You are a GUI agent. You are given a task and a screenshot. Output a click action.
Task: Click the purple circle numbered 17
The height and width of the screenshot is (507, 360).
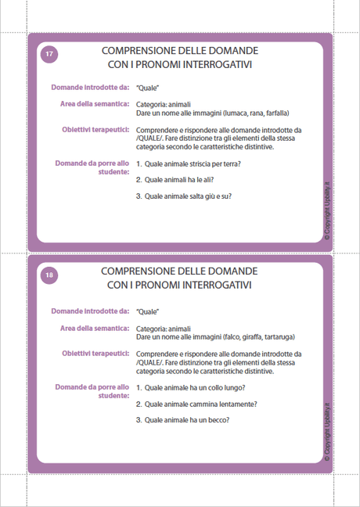point(49,54)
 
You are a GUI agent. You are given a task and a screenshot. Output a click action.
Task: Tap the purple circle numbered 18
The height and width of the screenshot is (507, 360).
point(49,275)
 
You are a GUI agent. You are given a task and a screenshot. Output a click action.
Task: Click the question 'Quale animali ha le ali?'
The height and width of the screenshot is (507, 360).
point(181,180)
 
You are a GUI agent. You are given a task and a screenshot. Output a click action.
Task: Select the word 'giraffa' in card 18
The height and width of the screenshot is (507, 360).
point(243,336)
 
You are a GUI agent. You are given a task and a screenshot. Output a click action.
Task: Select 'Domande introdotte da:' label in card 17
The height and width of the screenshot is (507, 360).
point(90,88)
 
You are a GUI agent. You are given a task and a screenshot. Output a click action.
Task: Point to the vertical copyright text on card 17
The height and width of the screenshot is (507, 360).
point(327,212)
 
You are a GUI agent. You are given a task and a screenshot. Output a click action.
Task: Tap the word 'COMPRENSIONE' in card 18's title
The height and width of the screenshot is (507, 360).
point(142,269)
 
